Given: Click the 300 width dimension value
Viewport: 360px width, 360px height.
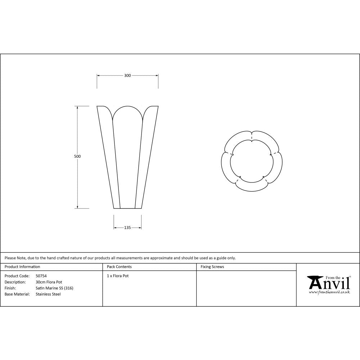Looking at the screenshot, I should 127,76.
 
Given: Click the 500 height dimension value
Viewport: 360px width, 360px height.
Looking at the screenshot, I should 77,157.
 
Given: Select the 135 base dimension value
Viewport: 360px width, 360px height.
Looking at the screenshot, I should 127,228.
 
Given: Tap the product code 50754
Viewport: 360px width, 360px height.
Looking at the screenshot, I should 41,276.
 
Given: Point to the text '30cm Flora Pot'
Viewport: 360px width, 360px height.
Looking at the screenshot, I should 49,282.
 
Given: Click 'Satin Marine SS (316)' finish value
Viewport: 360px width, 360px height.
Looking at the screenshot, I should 54,288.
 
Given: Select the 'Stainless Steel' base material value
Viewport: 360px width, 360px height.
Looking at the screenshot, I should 48,294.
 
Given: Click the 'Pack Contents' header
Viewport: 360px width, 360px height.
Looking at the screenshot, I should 119,267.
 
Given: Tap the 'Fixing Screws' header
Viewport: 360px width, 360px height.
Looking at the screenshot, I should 212,267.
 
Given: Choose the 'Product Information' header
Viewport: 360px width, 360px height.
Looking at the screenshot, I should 22,267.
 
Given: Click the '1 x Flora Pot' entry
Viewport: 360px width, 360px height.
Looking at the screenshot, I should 118,276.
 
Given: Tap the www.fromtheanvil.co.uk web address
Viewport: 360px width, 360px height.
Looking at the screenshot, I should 329,292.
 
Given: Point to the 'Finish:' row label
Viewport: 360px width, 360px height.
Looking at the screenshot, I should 10,288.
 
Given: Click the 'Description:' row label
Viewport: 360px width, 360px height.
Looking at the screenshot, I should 15,282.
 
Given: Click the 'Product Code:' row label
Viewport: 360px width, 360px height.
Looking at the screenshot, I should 17,276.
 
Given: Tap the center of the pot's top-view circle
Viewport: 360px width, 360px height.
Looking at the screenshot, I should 251,161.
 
